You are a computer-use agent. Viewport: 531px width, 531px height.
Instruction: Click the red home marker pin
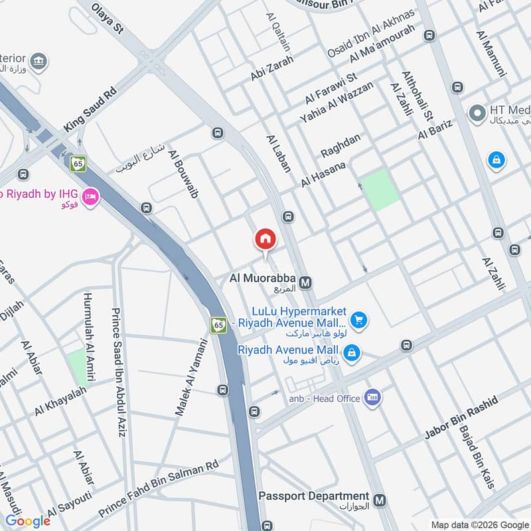[x=265, y=239]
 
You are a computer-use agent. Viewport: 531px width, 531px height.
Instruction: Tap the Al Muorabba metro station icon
[x=306, y=283]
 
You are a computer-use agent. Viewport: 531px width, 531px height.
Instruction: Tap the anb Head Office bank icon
[x=372, y=397]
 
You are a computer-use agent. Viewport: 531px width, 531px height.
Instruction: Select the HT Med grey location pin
[x=476, y=114]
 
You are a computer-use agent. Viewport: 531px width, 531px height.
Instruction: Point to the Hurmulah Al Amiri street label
[x=91, y=339]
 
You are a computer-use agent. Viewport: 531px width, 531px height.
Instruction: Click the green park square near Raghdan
[x=381, y=190]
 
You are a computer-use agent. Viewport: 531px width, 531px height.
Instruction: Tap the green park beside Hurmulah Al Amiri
[x=78, y=367]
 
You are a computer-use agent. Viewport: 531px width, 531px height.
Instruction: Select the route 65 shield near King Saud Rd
[x=79, y=163]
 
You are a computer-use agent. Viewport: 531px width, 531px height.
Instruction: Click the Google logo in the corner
[x=29, y=521]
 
